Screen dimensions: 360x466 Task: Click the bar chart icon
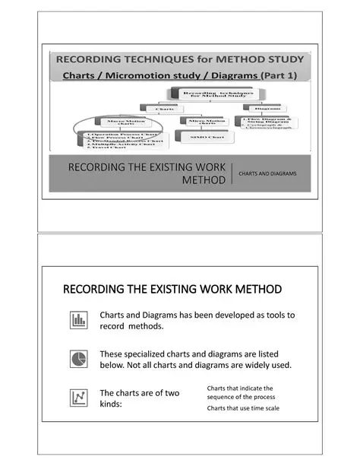click(x=78, y=320)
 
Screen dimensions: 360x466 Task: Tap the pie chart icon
click(x=78, y=359)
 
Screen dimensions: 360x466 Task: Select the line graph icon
click(x=78, y=398)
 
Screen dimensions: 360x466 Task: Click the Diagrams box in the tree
click(x=268, y=109)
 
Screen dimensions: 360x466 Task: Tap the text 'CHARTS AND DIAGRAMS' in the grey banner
click(x=267, y=174)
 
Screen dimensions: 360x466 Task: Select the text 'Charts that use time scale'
click(x=243, y=408)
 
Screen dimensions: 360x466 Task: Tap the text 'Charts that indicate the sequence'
click(x=240, y=392)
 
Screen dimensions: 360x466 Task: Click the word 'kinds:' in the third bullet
click(x=115, y=404)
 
